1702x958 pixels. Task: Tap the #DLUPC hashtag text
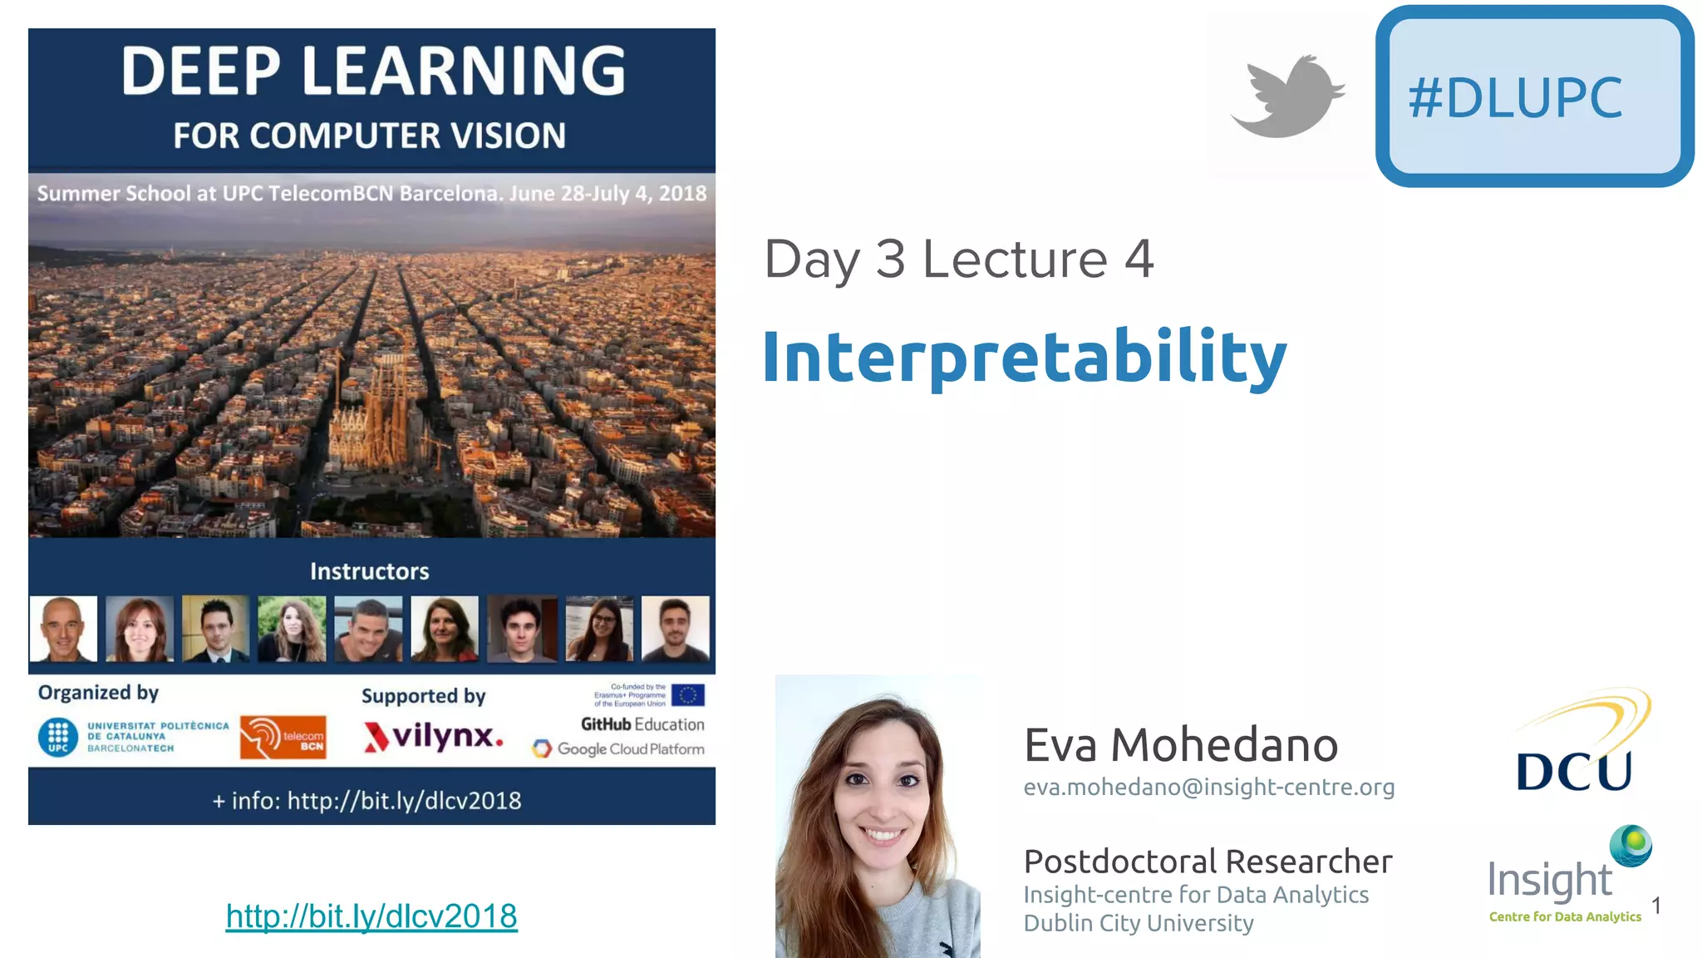click(1514, 98)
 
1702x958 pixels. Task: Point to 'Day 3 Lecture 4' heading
click(958, 259)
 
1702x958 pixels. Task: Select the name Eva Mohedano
click(1180, 744)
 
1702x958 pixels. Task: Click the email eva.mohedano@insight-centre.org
click(1208, 787)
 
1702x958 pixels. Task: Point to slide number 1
click(1655, 906)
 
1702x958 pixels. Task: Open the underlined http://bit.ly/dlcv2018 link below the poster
click(371, 916)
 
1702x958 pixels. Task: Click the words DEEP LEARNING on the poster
click(373, 71)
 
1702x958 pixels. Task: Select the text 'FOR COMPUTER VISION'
click(369, 136)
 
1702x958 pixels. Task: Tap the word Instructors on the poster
click(369, 571)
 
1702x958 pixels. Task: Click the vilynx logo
click(433, 737)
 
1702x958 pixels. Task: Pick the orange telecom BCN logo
click(283, 737)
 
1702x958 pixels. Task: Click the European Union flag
click(687, 694)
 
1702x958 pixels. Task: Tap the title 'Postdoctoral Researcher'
click(1208, 862)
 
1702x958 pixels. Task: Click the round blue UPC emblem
click(58, 737)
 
